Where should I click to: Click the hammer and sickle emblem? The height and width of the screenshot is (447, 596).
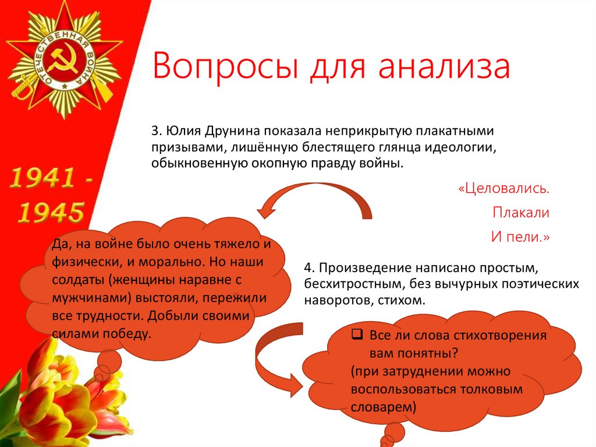tap(62, 60)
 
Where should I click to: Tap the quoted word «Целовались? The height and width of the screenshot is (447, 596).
tap(504, 189)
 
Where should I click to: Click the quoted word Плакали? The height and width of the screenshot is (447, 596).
tap(521, 213)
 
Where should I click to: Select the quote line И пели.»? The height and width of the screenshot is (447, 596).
tap(521, 237)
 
